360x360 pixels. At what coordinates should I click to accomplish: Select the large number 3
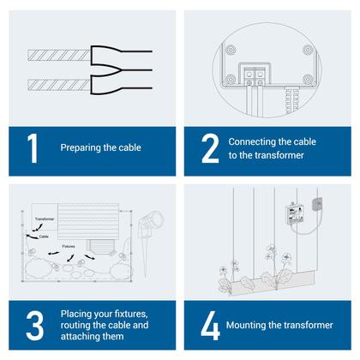[33, 327]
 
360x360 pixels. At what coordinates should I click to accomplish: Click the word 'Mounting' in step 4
[249, 327]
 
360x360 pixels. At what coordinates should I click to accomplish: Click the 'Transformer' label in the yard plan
[45, 219]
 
